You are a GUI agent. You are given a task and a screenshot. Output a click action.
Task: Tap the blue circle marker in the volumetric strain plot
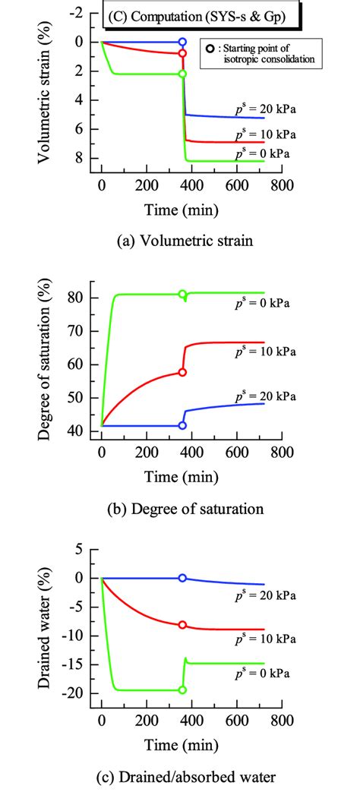(x=182, y=42)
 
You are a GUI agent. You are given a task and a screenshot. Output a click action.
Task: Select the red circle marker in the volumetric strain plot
(x=182, y=54)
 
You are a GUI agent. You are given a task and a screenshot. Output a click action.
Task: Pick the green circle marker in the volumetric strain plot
(x=182, y=74)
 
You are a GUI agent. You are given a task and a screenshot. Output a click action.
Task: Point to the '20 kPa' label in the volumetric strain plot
(x=266, y=109)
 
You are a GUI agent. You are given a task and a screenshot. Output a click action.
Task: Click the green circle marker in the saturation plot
(x=182, y=294)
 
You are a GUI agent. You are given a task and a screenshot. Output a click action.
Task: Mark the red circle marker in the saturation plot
(x=182, y=372)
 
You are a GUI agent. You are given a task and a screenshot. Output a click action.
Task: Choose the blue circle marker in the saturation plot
(x=182, y=426)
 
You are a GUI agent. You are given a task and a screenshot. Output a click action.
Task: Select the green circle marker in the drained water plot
(x=182, y=689)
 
